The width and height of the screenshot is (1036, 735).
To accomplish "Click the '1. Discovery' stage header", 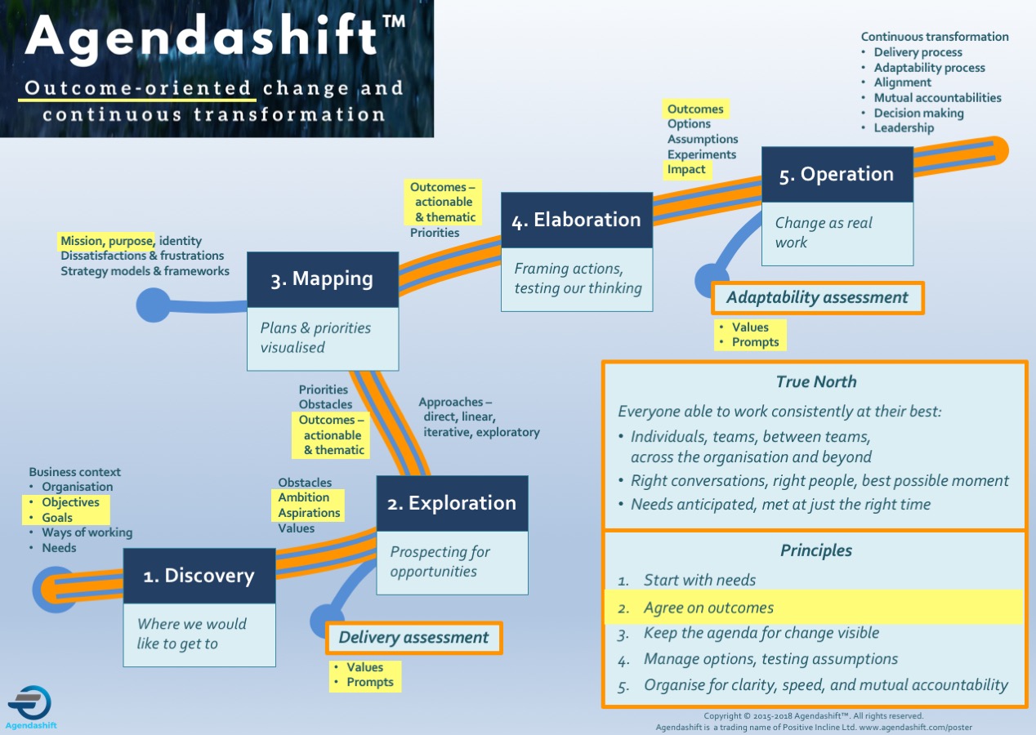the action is click(199, 576).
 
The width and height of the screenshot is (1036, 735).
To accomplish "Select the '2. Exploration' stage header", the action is click(452, 503).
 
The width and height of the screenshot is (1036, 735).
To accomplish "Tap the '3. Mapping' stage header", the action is click(323, 279).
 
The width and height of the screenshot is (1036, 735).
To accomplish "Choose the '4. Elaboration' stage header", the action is click(577, 220).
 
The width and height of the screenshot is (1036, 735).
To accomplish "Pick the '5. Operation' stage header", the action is click(837, 174).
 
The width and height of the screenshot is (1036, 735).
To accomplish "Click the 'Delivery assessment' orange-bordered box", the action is click(414, 638).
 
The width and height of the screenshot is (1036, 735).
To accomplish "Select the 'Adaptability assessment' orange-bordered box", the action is click(817, 298).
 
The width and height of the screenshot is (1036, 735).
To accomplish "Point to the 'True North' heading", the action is click(816, 382).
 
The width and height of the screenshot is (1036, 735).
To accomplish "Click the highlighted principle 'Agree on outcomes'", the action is click(708, 608).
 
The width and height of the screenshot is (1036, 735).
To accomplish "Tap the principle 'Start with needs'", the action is click(699, 580).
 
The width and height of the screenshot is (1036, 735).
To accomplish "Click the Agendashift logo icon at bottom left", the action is click(30, 702).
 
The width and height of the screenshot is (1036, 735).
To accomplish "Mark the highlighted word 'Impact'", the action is click(686, 169).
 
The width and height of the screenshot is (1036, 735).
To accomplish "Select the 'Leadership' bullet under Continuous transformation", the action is click(904, 127).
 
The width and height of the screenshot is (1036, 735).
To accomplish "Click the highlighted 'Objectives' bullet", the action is click(70, 502).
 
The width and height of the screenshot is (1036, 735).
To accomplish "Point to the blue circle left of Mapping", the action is click(153, 305).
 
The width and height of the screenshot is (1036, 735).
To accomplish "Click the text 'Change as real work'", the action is click(824, 233).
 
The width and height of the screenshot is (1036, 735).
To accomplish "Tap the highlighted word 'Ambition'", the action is click(303, 497).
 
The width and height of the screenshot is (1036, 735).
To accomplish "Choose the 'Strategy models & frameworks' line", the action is click(145, 271).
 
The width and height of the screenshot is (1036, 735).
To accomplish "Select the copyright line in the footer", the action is click(814, 716).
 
